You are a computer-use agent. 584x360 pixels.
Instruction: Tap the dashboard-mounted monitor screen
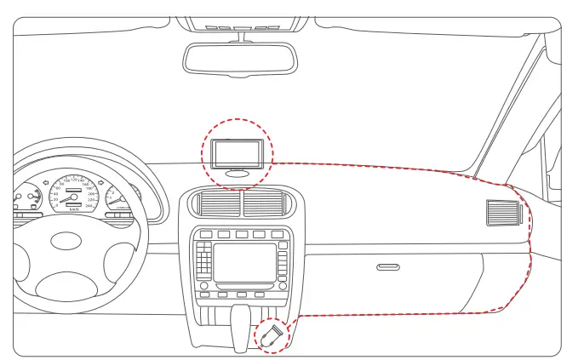tap(236, 153)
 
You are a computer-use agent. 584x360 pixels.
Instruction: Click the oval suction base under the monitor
tap(238, 172)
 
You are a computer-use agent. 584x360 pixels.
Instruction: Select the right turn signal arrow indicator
tap(100, 181)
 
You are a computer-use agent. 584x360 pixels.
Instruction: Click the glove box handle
tap(388, 267)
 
